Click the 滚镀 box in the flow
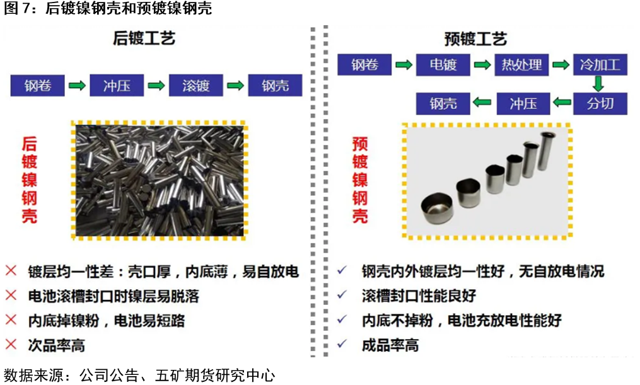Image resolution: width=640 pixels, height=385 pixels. (x=195, y=85)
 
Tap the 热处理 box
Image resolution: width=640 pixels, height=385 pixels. (x=521, y=65)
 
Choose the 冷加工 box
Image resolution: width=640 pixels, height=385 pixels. (x=600, y=65)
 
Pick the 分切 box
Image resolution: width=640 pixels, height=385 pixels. (x=600, y=103)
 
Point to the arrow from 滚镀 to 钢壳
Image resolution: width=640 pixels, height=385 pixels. (x=235, y=85)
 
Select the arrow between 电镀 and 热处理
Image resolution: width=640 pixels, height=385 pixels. (x=482, y=65)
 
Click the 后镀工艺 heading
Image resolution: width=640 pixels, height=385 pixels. (x=144, y=38)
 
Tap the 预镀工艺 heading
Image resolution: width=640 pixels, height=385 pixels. (x=475, y=40)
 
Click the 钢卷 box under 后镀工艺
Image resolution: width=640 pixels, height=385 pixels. (x=38, y=85)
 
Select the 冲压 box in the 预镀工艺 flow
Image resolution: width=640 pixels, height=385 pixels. (x=523, y=103)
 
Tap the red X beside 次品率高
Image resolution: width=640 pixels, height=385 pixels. (x=11, y=345)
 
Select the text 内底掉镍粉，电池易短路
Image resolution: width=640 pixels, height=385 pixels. (x=107, y=320)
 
